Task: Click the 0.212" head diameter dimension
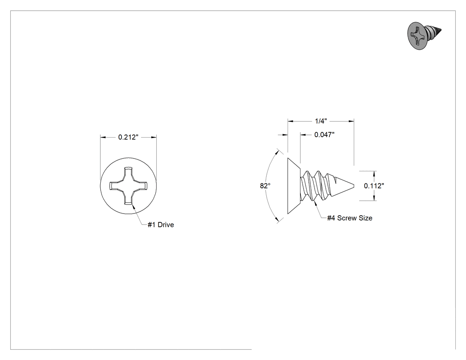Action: [128, 137]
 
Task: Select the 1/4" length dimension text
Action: [321, 121]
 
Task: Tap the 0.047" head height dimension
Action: [324, 135]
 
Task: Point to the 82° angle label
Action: [265, 186]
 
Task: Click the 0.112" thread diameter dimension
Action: [374, 186]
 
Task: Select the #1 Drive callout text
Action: [161, 225]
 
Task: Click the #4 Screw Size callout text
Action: [350, 218]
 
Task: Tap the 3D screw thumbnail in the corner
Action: [424, 35]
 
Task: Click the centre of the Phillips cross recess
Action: [128, 186]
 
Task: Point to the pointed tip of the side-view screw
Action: [353, 186]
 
